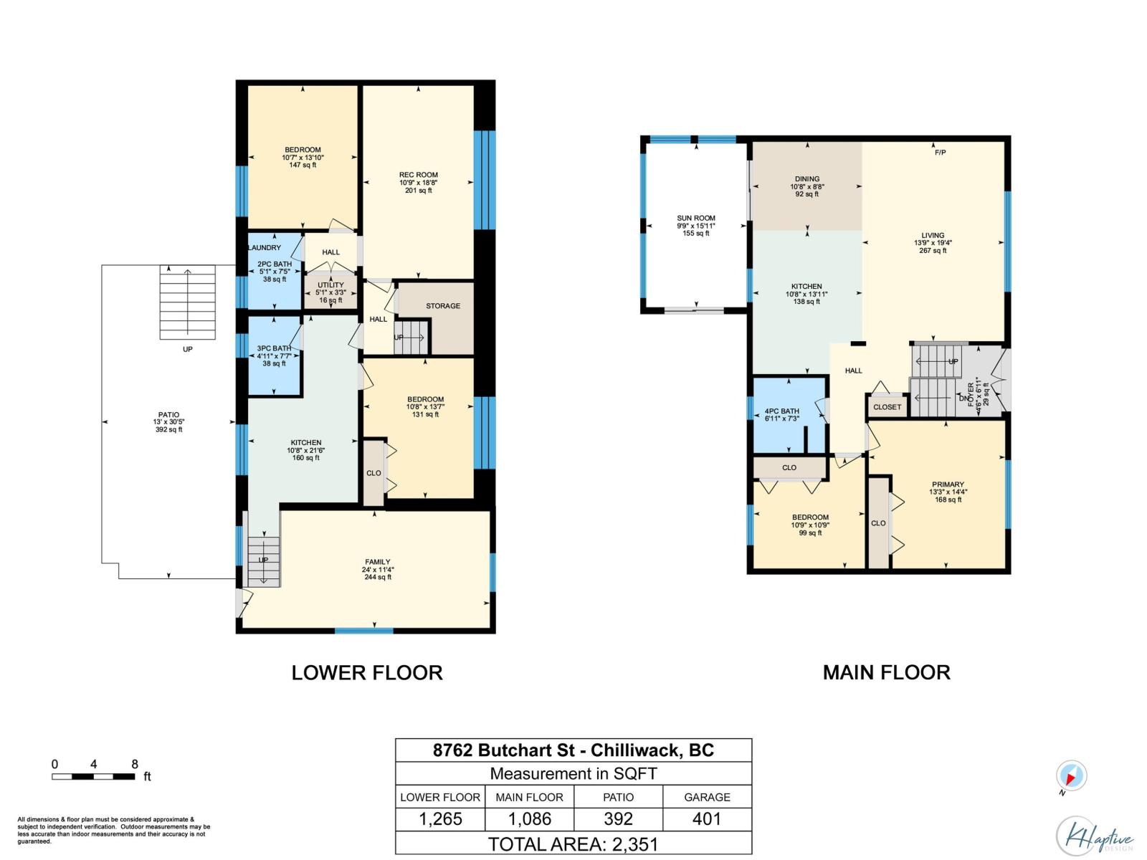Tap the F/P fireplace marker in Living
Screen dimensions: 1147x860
tap(940, 153)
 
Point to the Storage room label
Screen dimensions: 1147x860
tap(442, 305)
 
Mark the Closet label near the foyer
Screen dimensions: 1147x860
tap(887, 407)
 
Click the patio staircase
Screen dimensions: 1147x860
tap(187, 302)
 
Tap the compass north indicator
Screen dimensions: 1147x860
tap(1071, 775)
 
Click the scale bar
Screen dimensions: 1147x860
tap(93, 776)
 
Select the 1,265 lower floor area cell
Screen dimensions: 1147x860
tap(440, 818)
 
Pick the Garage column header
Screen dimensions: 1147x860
tap(707, 797)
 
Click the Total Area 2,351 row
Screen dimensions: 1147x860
tap(573, 844)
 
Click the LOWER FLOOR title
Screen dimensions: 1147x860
tap(367, 672)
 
